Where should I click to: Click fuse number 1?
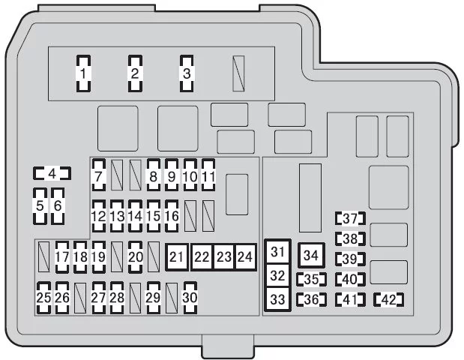(x=83, y=73)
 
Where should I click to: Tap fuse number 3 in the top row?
(x=187, y=73)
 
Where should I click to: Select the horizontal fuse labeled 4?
(x=52, y=173)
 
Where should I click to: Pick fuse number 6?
(x=58, y=206)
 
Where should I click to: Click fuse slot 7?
(x=99, y=175)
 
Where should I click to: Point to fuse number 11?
(x=208, y=175)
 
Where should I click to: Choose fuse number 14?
(x=135, y=216)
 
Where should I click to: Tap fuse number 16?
(x=172, y=216)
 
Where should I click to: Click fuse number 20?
(x=135, y=257)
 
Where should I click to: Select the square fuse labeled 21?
(x=177, y=257)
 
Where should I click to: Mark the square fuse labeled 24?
(x=245, y=257)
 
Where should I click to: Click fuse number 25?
(x=43, y=298)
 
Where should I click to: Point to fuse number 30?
(x=190, y=298)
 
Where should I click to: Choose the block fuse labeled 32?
(x=277, y=276)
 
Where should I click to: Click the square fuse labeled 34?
(x=311, y=255)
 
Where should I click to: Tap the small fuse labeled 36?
(x=311, y=299)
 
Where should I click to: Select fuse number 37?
(x=350, y=218)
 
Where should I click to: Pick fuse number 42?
(x=389, y=299)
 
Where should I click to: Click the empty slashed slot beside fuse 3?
(x=238, y=73)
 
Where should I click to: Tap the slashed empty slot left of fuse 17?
(x=43, y=256)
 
